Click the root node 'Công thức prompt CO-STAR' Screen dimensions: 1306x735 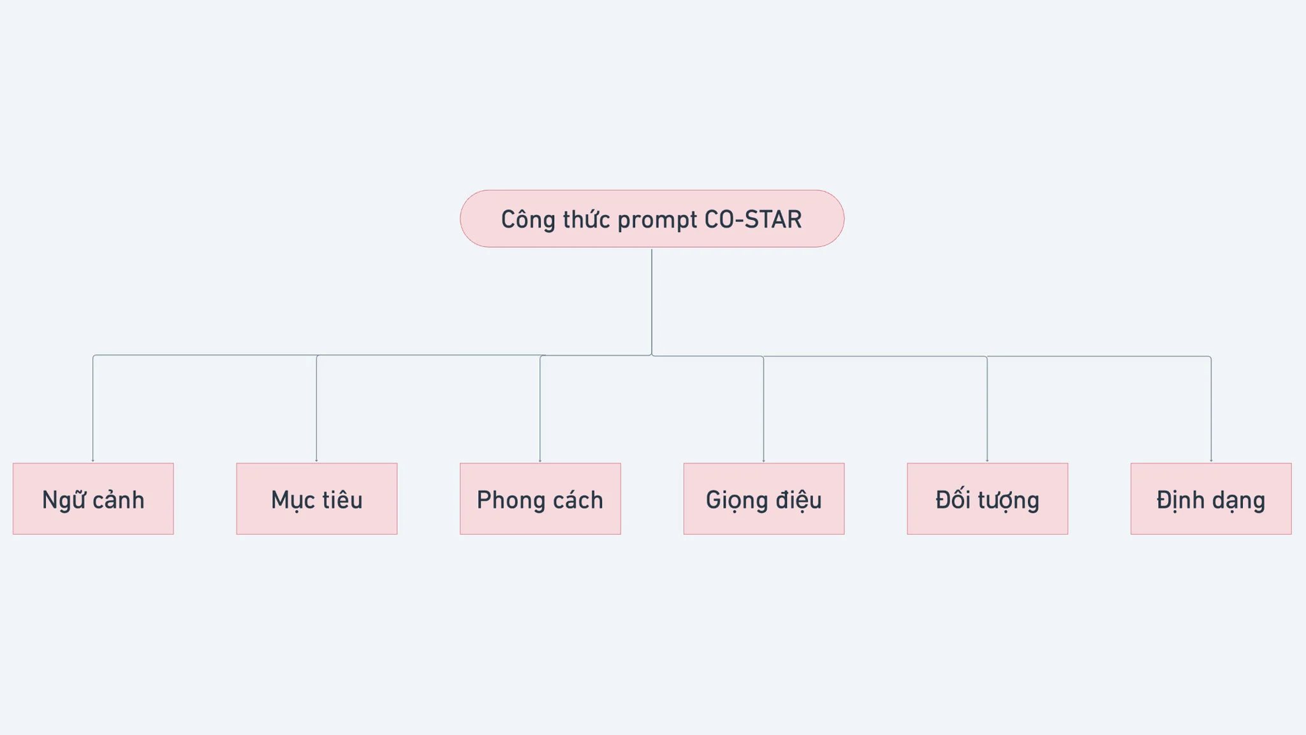coord(652,219)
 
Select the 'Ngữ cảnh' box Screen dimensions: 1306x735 coord(93,498)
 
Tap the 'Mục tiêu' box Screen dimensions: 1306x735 coord(317,498)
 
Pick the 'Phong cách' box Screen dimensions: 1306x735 coord(540,498)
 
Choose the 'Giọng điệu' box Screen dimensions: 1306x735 coord(764,498)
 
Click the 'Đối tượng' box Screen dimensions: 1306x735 coord(988,498)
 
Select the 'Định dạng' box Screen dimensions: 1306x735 coord(1211,498)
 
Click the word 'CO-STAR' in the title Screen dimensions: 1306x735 coord(753,219)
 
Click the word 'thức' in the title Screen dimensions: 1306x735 coord(587,219)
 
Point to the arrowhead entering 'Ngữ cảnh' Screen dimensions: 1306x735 coord(93,460)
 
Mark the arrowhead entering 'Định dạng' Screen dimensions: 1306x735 coord(1211,460)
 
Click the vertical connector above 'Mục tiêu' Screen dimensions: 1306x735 coord(317,409)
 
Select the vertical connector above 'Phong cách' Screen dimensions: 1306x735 coord(540,409)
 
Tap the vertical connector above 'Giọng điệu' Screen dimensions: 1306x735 coord(763,409)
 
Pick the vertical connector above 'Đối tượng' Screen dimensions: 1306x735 coord(987,409)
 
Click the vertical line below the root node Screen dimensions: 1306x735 coord(652,302)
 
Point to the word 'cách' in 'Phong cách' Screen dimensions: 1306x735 coord(578,500)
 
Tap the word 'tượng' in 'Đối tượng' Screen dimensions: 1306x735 coord(1008,501)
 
